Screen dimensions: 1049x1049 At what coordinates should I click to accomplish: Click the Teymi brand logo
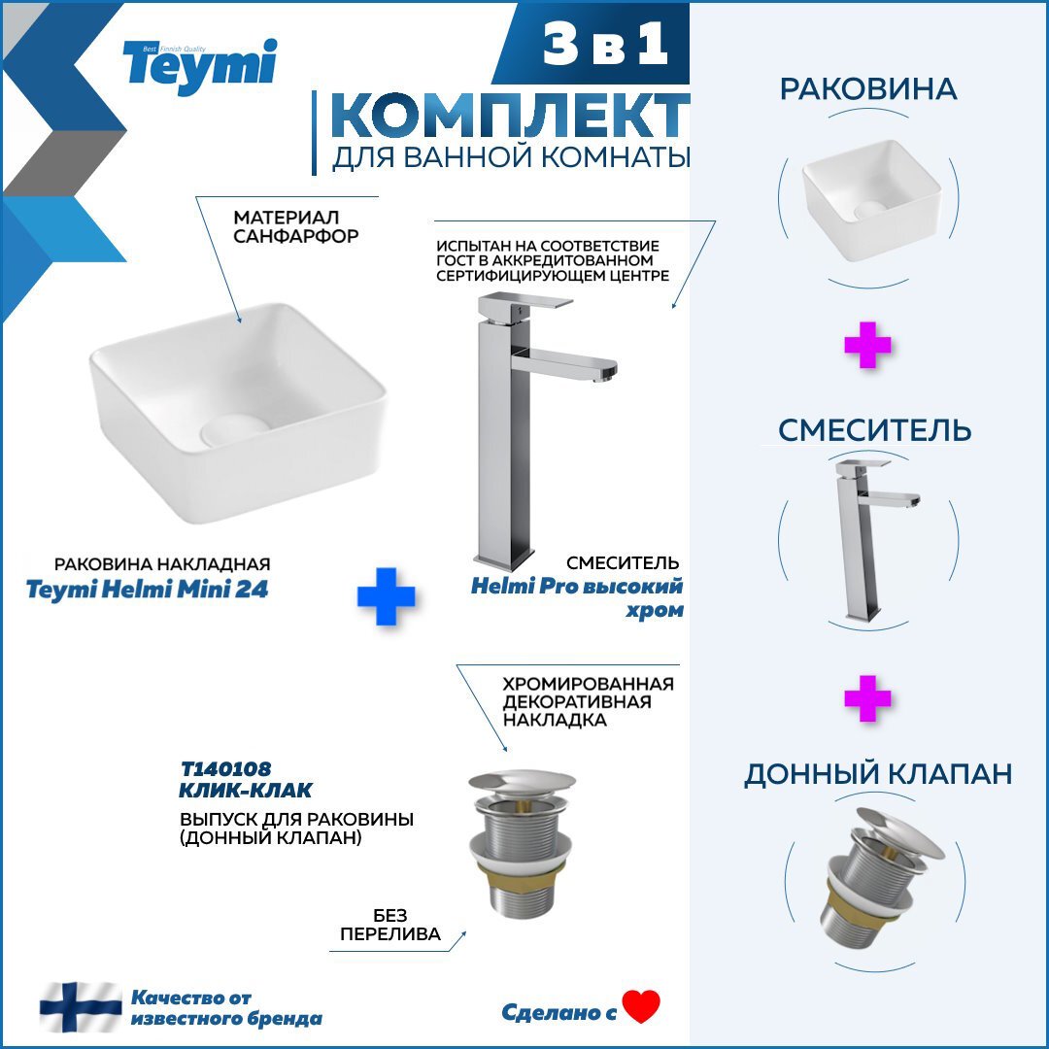[x=200, y=68]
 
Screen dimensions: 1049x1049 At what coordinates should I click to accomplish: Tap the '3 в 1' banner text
[x=605, y=45]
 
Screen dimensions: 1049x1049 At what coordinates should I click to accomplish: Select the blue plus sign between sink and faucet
[x=386, y=596]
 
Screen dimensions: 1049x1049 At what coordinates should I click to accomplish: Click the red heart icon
[x=641, y=1006]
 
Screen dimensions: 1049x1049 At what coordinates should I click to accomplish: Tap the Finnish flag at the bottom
[x=81, y=1007]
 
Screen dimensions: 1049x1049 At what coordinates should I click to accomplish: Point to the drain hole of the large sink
[x=234, y=429]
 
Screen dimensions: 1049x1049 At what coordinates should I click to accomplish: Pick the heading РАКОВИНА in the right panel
[x=868, y=89]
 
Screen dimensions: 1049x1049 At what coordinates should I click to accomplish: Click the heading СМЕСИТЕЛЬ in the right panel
[x=874, y=429]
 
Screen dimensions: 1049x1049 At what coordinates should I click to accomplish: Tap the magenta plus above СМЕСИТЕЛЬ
[x=867, y=345]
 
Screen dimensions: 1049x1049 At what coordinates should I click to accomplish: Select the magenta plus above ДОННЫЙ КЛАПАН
[x=867, y=698]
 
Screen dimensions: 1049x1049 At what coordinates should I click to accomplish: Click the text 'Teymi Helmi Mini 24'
[x=148, y=590]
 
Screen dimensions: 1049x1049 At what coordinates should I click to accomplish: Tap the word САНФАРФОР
[x=295, y=236]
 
